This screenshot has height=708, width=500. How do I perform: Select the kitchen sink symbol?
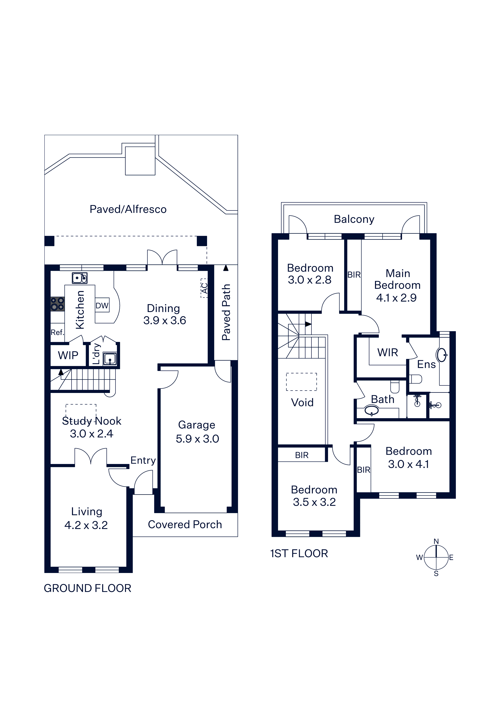click(79, 278)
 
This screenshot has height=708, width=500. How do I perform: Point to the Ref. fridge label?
click(57, 332)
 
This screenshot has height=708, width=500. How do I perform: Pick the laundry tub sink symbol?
click(110, 359)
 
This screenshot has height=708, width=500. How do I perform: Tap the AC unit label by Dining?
click(204, 288)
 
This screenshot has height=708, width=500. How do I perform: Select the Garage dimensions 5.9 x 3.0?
click(197, 439)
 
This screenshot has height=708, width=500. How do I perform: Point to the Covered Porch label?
click(185, 525)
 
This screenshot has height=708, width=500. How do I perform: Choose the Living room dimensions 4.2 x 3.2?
click(86, 525)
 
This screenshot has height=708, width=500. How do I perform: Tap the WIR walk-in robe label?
click(387, 352)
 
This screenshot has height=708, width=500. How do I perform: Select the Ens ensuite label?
click(426, 364)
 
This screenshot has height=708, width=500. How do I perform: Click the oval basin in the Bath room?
click(372, 411)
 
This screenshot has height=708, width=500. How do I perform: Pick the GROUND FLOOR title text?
click(87, 588)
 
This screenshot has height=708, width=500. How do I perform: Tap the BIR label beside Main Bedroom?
click(354, 275)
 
